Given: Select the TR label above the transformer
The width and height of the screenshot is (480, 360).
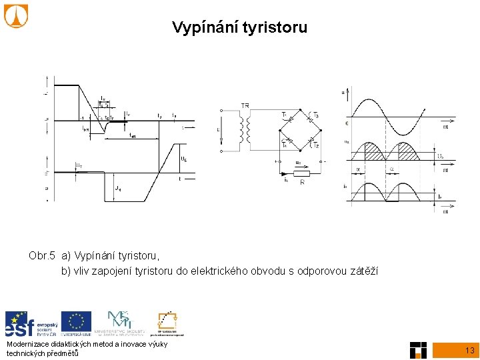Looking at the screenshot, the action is pyautogui.click(x=246, y=106).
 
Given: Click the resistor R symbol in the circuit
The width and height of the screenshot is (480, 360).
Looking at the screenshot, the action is pyautogui.click(x=301, y=173).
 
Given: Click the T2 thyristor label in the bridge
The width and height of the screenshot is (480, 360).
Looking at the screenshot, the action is pyautogui.click(x=316, y=145).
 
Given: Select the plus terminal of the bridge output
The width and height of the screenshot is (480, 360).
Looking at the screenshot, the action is pyautogui.click(x=277, y=162).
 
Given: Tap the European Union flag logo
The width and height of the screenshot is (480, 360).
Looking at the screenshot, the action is pyautogui.click(x=77, y=323).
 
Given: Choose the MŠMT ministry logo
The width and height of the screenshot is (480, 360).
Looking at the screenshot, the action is pyautogui.click(x=123, y=323).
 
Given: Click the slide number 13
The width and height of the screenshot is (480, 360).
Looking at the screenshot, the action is pyautogui.click(x=469, y=350).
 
